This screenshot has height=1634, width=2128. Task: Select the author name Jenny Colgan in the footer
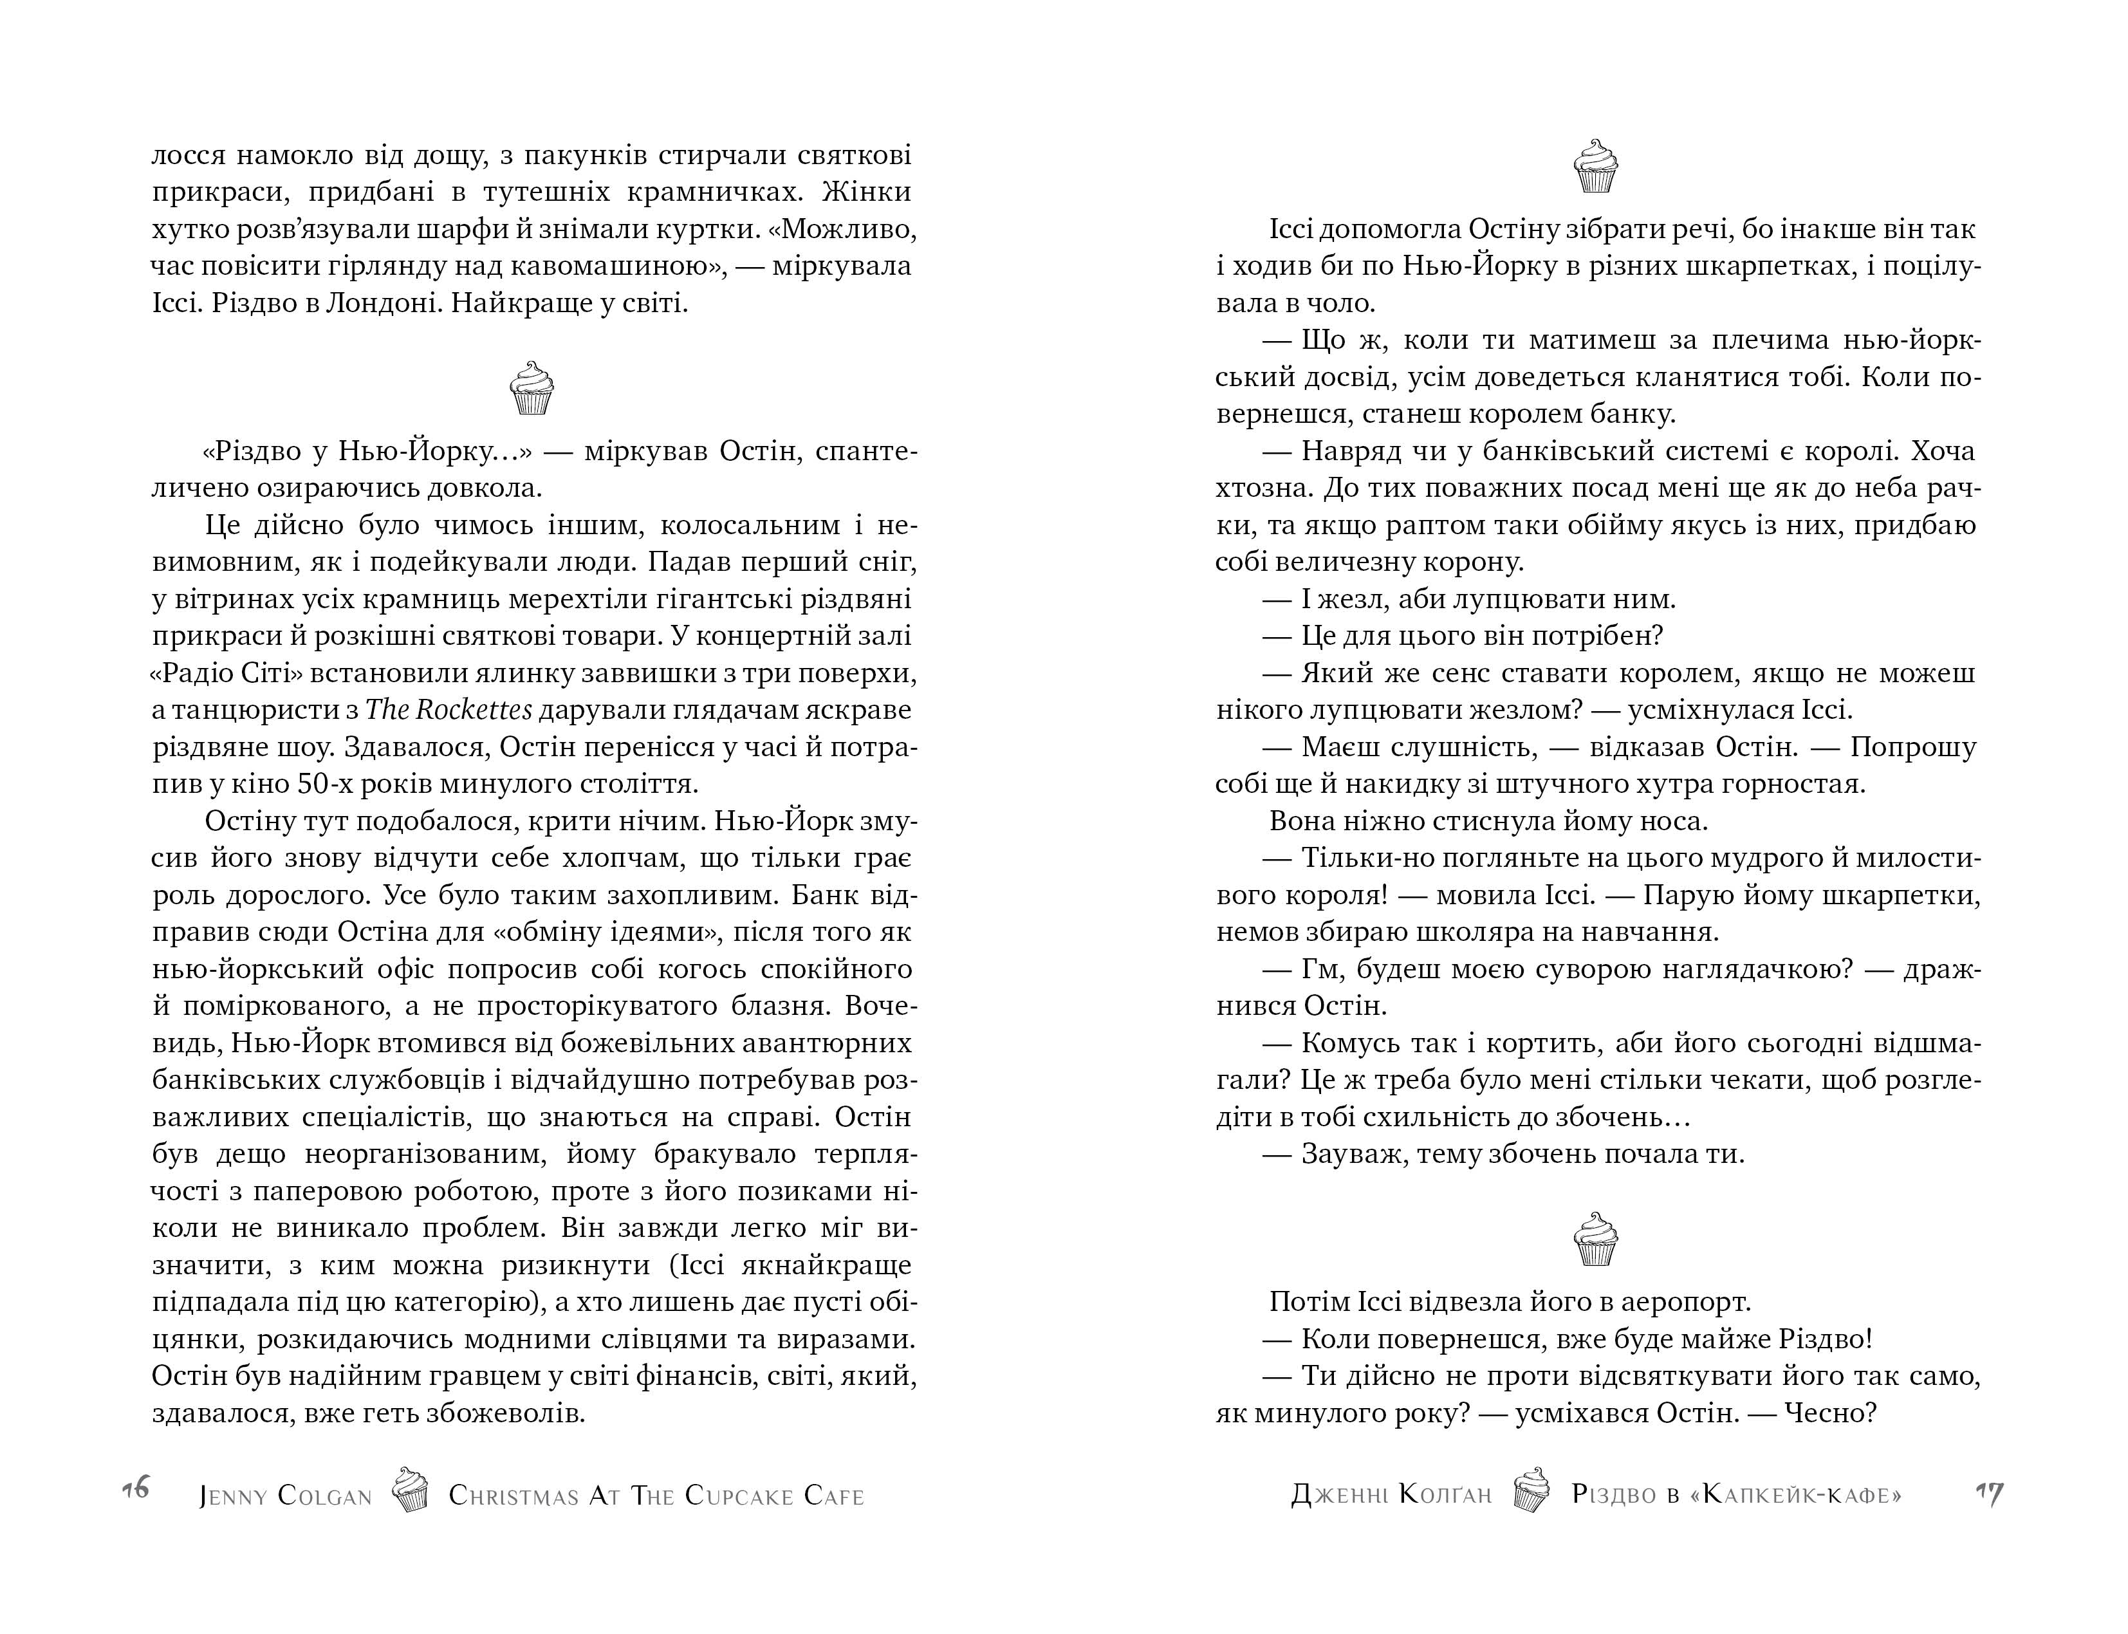(286, 1495)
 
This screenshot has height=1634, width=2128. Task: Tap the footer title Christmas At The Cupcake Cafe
(656, 1495)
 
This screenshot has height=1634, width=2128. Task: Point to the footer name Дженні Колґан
(1391, 1494)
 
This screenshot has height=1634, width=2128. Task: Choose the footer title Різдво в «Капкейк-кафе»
(1736, 1494)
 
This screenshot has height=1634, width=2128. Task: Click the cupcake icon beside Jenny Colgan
(409, 1489)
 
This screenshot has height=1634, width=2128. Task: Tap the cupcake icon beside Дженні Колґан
(1531, 1489)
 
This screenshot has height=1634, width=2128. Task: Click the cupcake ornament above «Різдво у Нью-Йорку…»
(531, 388)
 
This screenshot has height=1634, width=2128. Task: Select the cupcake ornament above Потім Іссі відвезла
(1595, 1238)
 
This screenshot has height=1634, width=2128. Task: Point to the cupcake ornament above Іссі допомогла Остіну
(1595, 165)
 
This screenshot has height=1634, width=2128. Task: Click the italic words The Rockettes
(449, 710)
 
